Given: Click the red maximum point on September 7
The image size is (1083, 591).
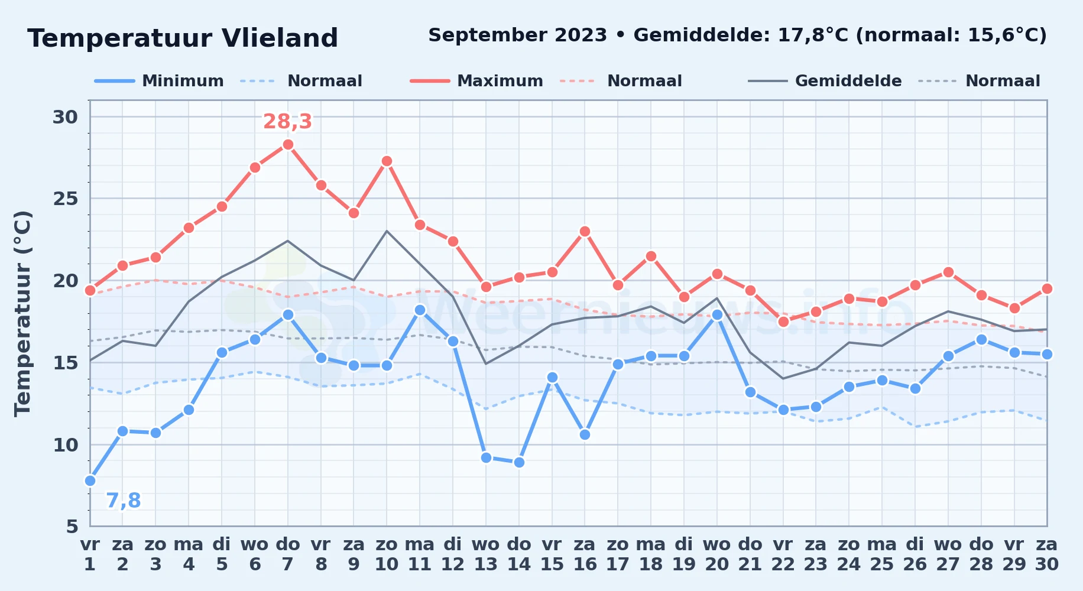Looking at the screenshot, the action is [x=288, y=144].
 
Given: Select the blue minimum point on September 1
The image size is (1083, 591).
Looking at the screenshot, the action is [x=90, y=480].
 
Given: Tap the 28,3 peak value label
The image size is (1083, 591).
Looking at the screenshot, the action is [x=287, y=121].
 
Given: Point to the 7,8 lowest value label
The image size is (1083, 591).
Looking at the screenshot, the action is [x=124, y=501].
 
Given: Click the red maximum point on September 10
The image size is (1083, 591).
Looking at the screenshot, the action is [x=387, y=161].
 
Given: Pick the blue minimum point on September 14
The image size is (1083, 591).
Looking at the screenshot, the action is [x=519, y=462].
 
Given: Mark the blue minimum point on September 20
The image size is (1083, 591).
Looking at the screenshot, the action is [x=717, y=315].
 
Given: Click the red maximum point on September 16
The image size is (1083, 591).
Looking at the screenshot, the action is [x=585, y=231].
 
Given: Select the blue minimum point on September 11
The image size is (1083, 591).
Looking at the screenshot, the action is [x=420, y=310].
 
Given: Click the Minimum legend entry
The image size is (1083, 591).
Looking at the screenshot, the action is [x=159, y=81].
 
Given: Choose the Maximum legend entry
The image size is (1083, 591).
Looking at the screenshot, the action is [x=476, y=81].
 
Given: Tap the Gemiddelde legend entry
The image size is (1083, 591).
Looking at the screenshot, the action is [x=825, y=81].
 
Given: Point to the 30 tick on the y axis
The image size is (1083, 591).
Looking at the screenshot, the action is [x=65, y=117].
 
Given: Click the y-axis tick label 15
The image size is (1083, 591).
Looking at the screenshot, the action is [x=65, y=362].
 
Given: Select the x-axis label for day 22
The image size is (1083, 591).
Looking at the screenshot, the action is [x=783, y=554].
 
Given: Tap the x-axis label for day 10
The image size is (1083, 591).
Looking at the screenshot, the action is [x=387, y=554].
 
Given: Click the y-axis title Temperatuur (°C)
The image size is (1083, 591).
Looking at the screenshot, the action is [x=22, y=313].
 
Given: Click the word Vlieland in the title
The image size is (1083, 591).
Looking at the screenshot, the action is [x=280, y=38].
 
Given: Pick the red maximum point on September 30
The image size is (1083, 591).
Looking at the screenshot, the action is [x=1047, y=288].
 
